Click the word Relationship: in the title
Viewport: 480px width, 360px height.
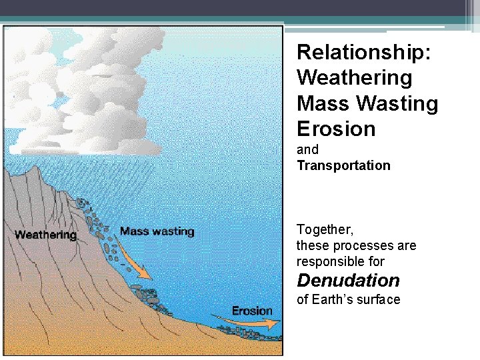click(364, 52)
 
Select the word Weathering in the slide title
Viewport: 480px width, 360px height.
click(355, 77)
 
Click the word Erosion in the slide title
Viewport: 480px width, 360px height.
click(336, 129)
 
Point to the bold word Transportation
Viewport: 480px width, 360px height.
click(343, 166)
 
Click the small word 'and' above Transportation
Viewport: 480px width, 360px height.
click(307, 149)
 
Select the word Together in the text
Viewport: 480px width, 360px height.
click(325, 229)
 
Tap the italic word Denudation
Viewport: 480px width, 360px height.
click(348, 280)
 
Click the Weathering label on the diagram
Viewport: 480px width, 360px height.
click(45, 235)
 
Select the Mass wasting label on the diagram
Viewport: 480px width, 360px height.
click(157, 231)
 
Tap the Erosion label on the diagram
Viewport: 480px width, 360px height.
click(252, 310)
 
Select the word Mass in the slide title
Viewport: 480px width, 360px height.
click(319, 103)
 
